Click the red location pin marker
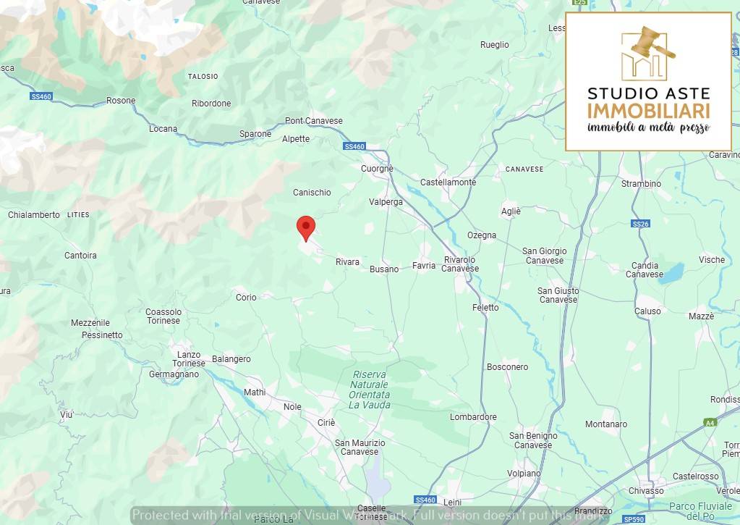306,227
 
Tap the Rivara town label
347,262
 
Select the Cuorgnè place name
377,169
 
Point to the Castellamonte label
448,182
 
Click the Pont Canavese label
314,121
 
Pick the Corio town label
246,298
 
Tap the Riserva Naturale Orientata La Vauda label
370,390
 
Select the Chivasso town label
646,491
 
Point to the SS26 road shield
640,224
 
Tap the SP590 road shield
634,519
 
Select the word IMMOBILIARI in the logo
648,111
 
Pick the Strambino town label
641,184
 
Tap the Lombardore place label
473,417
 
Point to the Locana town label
163,129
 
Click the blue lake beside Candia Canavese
672,273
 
